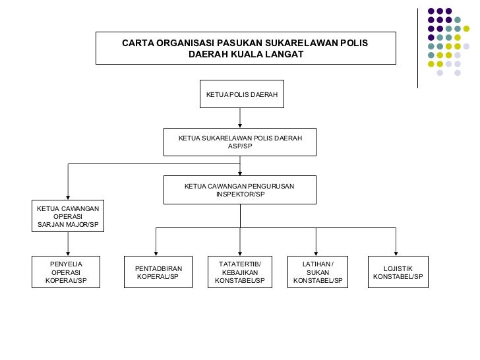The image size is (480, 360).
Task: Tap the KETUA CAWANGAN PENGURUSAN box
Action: (240, 190)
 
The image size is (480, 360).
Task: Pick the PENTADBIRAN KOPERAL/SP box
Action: (158, 272)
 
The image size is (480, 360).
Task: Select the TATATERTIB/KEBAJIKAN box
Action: (240, 272)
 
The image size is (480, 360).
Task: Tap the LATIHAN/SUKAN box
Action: (318, 272)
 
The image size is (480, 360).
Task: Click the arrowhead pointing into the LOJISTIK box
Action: (396, 252)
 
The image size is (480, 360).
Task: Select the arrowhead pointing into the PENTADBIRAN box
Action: (156, 252)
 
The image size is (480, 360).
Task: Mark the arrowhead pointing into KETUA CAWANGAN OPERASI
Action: (67, 195)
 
